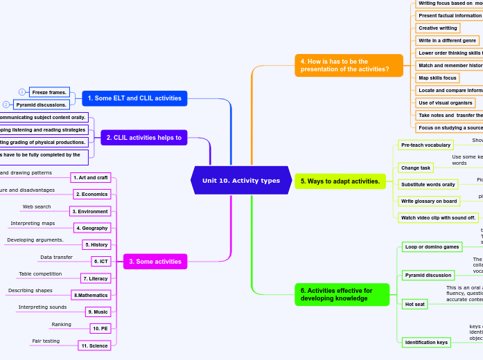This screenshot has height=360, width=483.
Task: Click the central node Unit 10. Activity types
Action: (240, 181)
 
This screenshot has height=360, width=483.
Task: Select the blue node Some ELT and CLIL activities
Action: (134, 98)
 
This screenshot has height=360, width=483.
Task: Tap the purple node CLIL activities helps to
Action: (143, 138)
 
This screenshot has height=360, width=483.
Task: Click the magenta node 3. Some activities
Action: (154, 262)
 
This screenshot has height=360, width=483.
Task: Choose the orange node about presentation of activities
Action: (349, 65)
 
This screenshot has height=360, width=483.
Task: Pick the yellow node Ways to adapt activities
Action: (340, 181)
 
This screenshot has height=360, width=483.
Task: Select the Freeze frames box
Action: (49, 92)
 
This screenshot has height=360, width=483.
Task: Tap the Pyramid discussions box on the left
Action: (42, 105)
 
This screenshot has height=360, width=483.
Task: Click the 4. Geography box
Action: (92, 228)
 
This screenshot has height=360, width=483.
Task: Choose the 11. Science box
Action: (94, 345)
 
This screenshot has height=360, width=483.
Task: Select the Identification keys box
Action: (426, 342)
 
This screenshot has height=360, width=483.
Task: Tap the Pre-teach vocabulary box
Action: (425, 145)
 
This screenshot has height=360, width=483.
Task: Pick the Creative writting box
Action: (437, 28)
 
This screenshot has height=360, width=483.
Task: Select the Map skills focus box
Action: (437, 78)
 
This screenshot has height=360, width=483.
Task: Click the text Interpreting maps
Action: (33, 224)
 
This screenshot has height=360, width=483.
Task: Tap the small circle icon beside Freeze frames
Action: (21, 92)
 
